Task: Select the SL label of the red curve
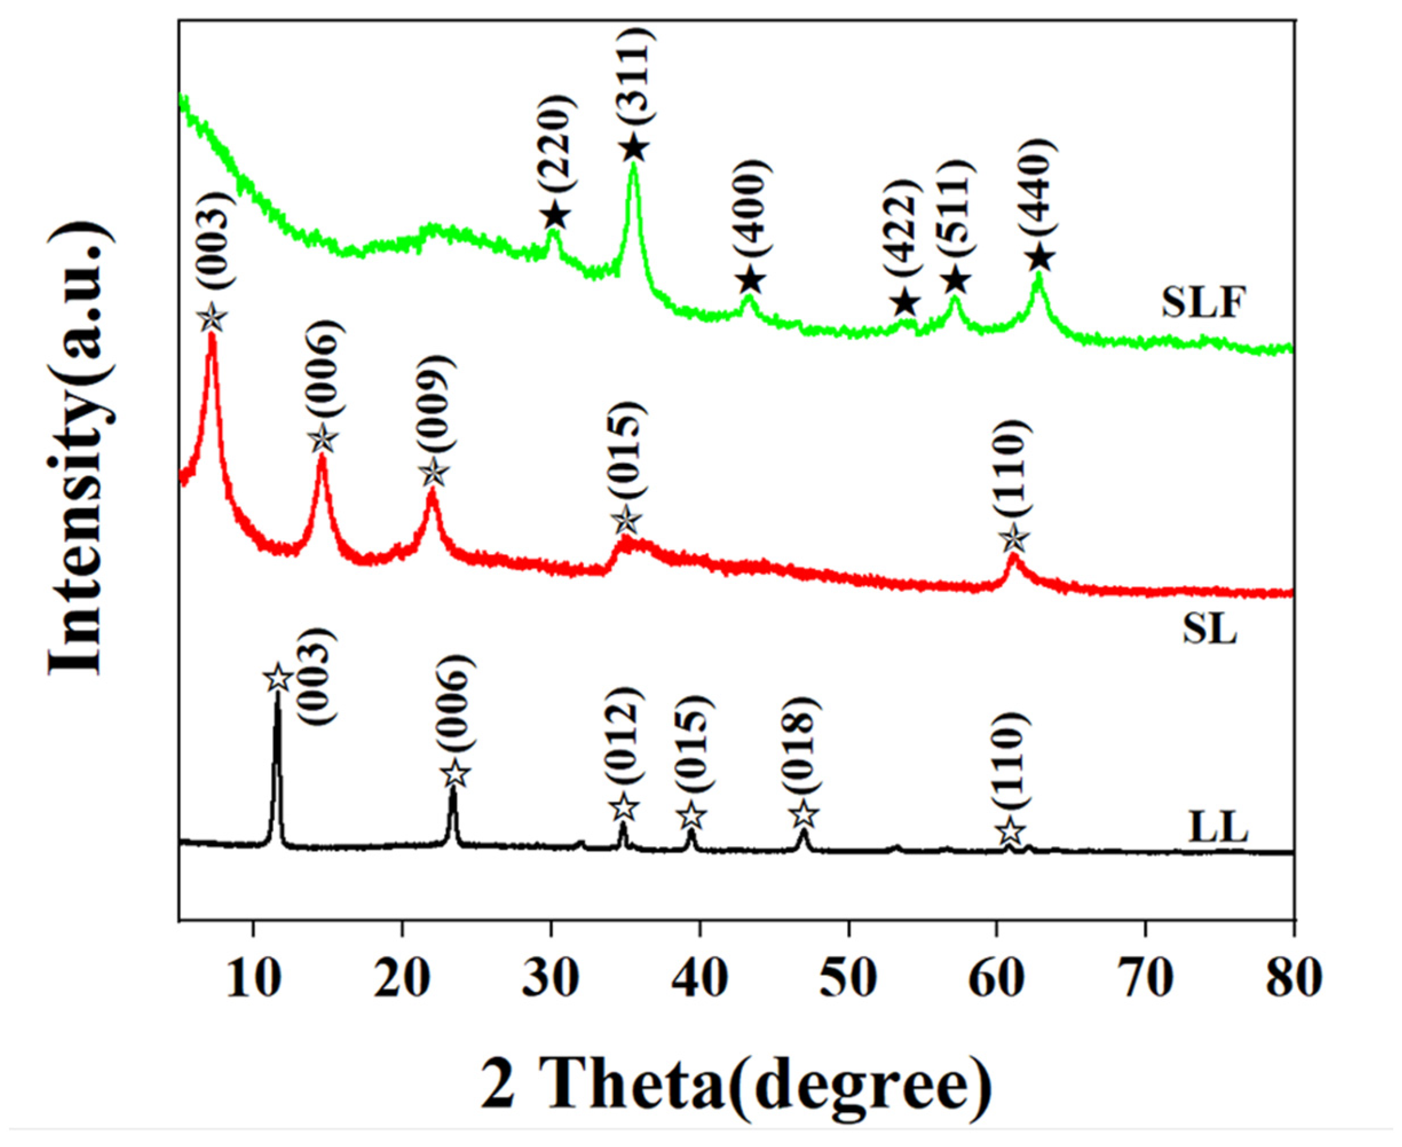pos(1210,630)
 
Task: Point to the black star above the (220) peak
pos(555,215)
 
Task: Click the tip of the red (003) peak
pos(212,335)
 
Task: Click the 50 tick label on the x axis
pos(848,980)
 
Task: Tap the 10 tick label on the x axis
pos(252,980)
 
